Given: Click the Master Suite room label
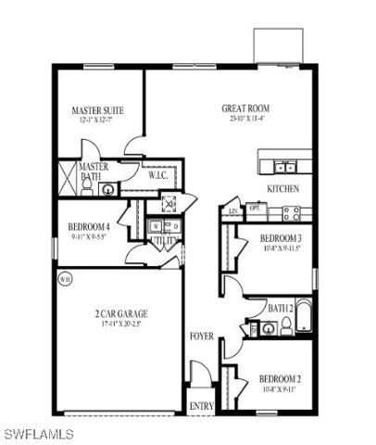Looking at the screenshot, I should coord(96,110).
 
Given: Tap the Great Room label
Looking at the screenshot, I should coord(244,108).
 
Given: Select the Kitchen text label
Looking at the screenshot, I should coord(282,188).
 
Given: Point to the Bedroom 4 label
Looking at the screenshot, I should coord(89,227).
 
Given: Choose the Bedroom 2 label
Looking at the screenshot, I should coord(278,378).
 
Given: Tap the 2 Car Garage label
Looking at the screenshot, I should coord(122,314).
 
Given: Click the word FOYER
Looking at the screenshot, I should coord(201,335).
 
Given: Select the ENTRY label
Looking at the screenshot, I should coord(201,406).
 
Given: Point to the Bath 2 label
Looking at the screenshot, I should coord(282,307).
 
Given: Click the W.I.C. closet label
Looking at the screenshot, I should coord(157,173).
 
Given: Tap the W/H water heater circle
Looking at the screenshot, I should coord(65,277).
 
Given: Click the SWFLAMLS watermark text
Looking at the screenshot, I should coord(36,433).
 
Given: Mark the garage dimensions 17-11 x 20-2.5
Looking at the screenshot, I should coord(122,325).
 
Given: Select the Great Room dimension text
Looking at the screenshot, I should coord(244,119).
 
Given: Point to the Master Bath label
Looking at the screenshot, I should coord(94,172).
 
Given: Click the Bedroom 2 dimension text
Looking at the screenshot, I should coord(278,389).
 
